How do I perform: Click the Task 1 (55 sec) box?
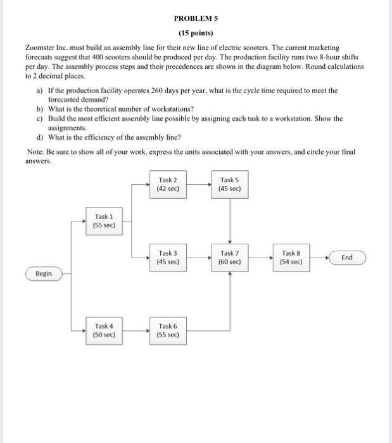point(103,221)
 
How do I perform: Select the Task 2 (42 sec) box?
point(168,185)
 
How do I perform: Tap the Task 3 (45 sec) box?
point(168,258)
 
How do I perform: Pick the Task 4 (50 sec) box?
point(103,331)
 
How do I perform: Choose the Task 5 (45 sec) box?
point(229,185)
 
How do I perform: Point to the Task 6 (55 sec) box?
point(168,331)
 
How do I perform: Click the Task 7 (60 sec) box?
point(229,258)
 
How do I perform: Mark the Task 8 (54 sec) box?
point(291,258)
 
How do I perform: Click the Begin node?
point(44,273)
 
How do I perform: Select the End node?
point(347,258)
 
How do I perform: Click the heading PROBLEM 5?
point(196,18)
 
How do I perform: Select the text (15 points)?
point(196,33)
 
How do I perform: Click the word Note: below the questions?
point(38,152)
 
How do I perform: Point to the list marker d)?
point(41,136)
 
